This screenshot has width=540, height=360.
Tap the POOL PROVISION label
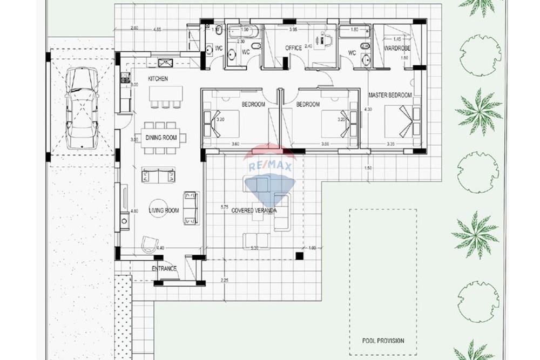(383, 341)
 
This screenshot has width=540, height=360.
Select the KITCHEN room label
(158, 79)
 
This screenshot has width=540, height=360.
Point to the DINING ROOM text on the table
(161, 138)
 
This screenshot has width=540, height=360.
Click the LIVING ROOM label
(164, 210)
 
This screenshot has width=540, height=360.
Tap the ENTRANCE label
(164, 269)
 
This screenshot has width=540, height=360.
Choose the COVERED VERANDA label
(254, 210)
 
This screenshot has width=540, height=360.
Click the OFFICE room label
(293, 49)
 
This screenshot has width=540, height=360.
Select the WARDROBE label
(398, 48)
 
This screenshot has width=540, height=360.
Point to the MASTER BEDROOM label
(390, 95)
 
